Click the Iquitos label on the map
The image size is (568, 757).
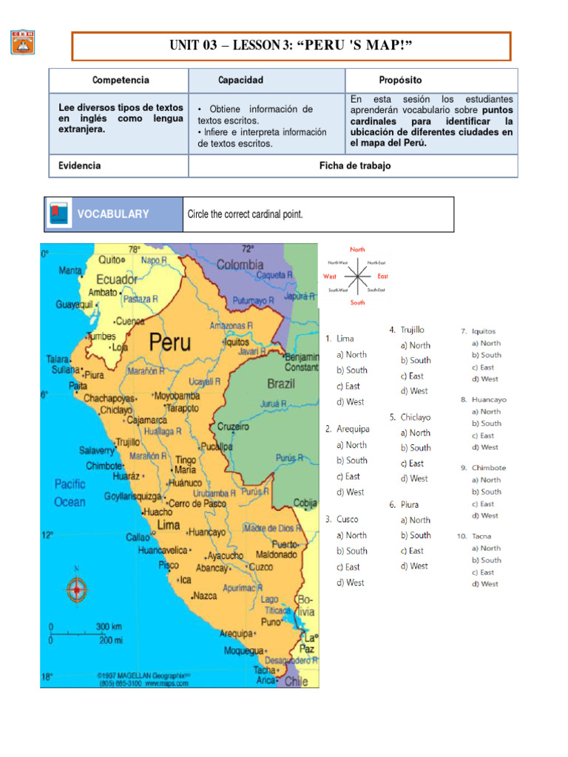[237, 342]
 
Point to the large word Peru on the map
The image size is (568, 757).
[169, 342]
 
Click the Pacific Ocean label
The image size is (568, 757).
[70, 492]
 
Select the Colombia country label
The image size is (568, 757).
[240, 264]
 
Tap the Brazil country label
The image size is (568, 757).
[280, 384]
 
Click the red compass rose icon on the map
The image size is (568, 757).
[77, 589]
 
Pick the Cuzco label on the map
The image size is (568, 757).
[260, 566]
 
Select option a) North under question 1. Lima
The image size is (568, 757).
[351, 354]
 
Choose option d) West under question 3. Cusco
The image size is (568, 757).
[351, 583]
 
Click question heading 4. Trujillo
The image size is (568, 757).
[407, 330]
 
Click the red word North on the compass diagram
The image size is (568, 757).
[357, 250]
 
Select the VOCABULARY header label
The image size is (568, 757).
[112, 214]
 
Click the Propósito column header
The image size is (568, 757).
[400, 80]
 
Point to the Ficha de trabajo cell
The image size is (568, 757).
[354, 166]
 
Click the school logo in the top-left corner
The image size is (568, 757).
[22, 41]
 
